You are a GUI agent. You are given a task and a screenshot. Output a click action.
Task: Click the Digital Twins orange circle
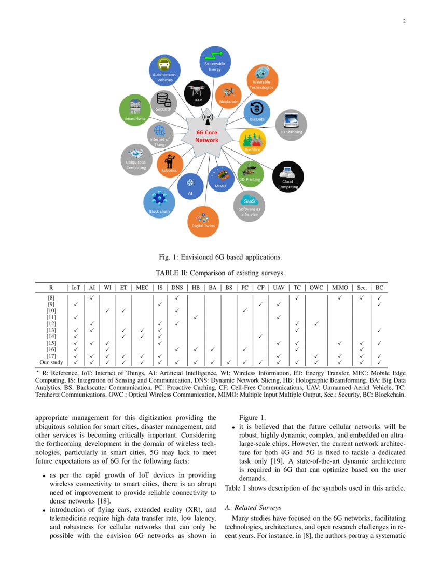click(203, 222)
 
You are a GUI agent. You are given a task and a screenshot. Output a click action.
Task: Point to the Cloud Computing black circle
click(288, 176)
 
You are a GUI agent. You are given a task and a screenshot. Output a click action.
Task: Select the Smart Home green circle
click(135, 110)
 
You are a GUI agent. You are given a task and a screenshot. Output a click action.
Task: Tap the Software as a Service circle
click(249, 206)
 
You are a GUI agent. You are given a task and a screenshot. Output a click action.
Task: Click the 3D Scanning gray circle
click(291, 125)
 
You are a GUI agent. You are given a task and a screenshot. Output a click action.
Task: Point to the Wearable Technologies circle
click(263, 80)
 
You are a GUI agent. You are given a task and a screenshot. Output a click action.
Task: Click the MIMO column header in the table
click(340, 287)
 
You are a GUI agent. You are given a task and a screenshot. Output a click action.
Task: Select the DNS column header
click(177, 287)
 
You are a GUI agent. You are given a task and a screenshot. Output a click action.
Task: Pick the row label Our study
click(51, 362)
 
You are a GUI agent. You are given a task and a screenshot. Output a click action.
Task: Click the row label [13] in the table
click(51, 330)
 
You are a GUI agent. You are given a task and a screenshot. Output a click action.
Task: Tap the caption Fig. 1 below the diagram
click(220, 257)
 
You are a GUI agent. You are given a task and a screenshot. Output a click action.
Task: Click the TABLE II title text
click(220, 273)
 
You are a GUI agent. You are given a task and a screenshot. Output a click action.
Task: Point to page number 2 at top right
click(404, 21)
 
